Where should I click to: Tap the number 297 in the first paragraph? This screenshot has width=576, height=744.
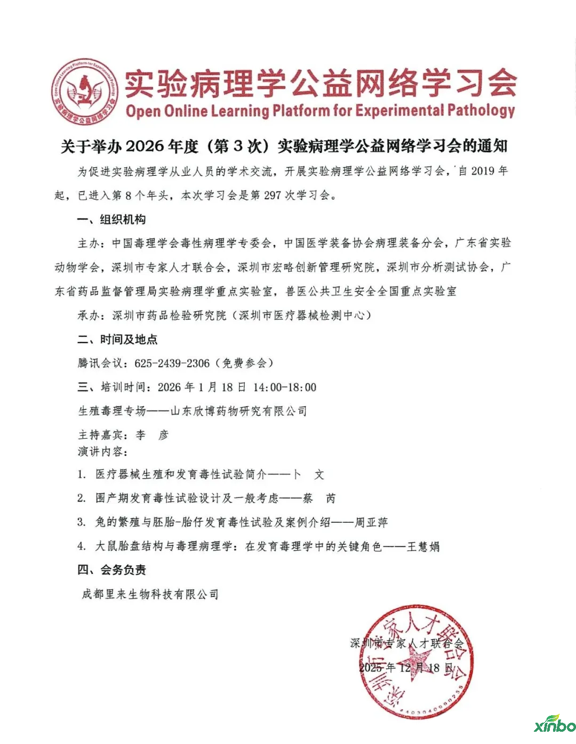coord(272,195)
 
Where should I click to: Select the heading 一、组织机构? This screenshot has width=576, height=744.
coord(111,220)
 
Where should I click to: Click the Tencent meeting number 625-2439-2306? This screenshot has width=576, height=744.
coord(172,363)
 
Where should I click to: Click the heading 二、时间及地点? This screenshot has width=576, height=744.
coord(117,339)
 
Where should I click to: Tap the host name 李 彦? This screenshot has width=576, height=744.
coord(152,435)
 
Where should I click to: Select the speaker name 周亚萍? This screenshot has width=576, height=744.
coord(371,522)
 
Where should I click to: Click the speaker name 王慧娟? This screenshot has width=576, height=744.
coord(423,546)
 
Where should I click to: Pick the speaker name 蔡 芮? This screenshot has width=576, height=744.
coord(319,498)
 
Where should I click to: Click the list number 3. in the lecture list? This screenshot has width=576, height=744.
coord(82,522)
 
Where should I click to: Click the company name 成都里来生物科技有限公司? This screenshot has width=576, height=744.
coord(150,594)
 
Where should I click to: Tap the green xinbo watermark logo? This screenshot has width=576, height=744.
coord(555,725)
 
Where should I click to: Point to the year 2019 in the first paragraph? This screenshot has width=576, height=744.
coord(483,171)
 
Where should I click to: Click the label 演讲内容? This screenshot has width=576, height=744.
coord(102,452)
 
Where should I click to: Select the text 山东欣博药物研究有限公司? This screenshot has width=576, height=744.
coord(238,411)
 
